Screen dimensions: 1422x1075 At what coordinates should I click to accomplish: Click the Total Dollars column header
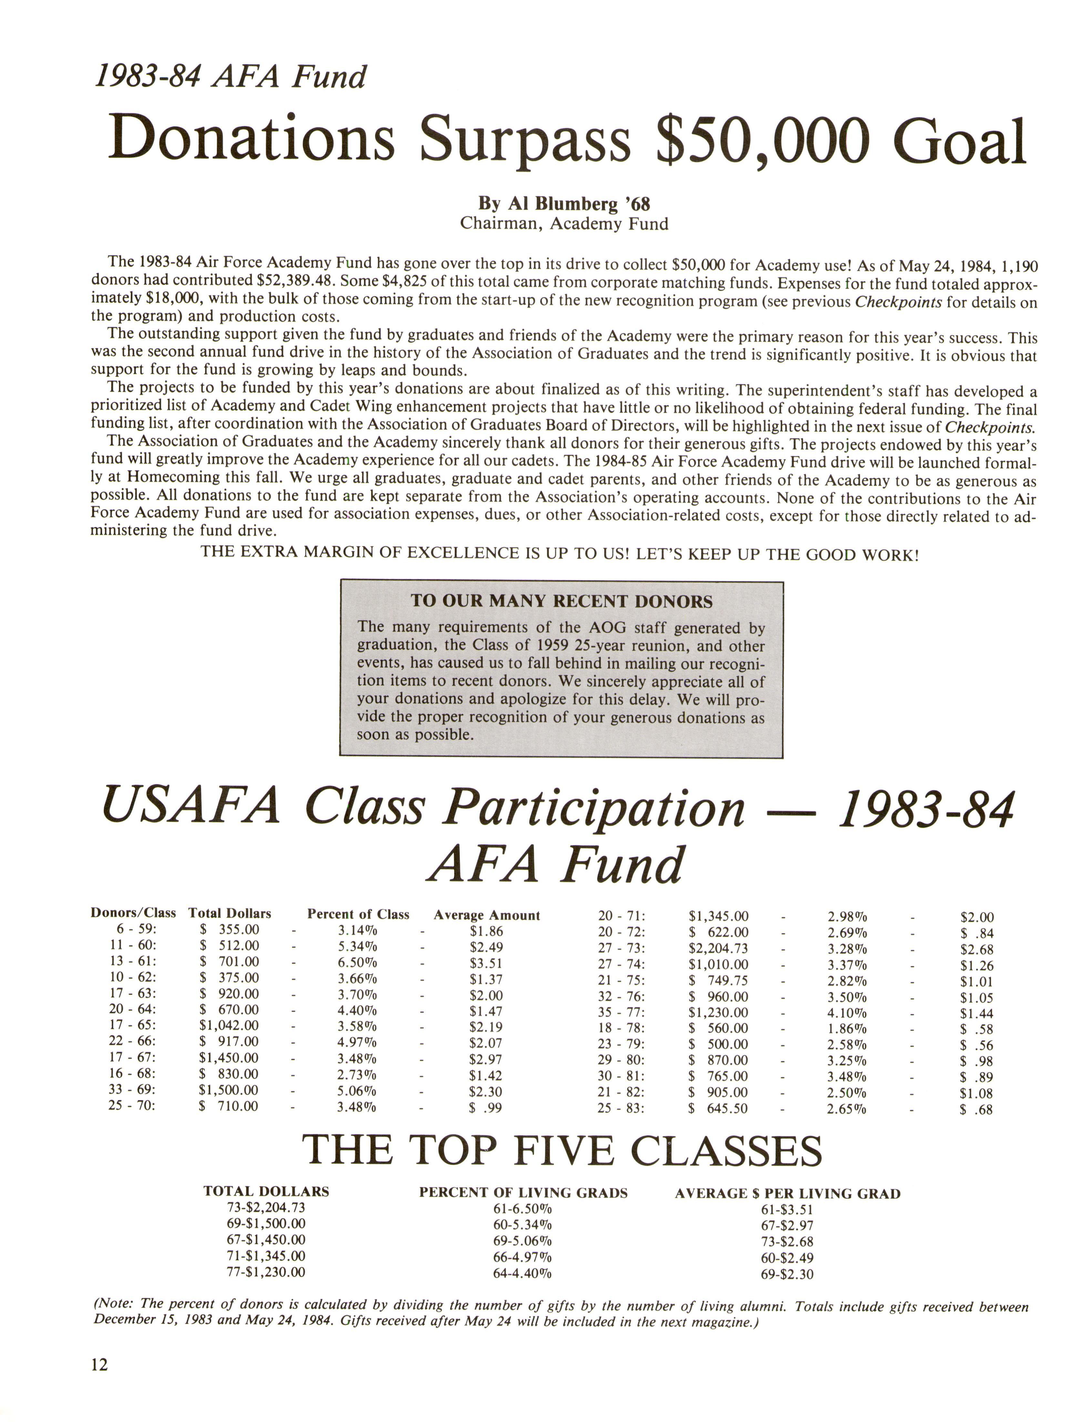pos(230,913)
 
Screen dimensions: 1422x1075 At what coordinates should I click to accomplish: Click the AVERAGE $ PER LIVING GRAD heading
pos(788,1193)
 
